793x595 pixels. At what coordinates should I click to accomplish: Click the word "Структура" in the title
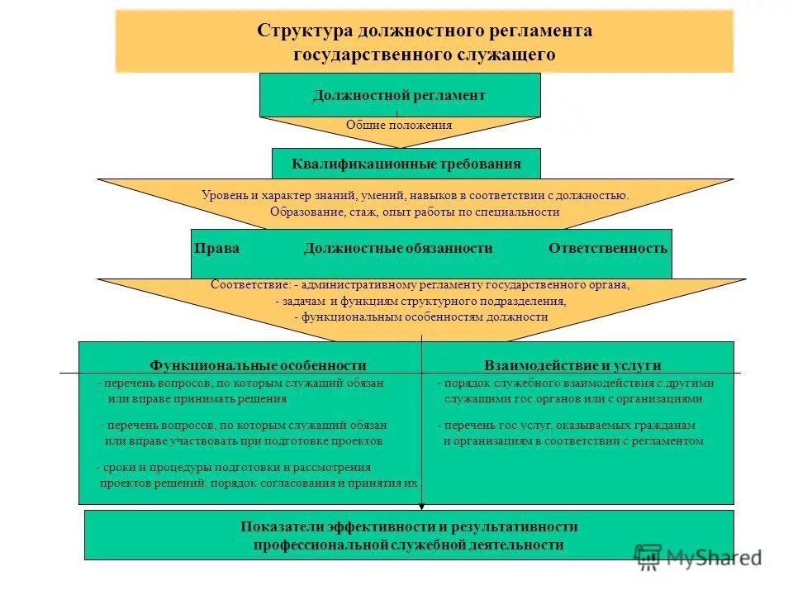(x=305, y=31)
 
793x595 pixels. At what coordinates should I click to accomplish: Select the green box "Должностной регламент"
(x=400, y=95)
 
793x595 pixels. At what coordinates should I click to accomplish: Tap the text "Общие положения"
(x=399, y=125)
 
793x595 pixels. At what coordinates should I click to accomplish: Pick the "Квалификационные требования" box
(x=406, y=164)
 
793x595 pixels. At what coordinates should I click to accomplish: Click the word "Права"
(x=217, y=248)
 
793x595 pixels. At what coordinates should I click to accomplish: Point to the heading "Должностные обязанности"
(x=398, y=248)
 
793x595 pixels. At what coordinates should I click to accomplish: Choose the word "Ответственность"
(x=608, y=248)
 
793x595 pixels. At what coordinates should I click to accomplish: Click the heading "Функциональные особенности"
(x=258, y=365)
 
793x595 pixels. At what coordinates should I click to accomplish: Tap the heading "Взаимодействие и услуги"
(x=572, y=365)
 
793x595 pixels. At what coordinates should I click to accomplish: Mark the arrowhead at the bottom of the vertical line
(x=422, y=506)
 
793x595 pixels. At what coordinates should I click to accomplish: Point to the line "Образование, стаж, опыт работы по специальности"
(x=415, y=212)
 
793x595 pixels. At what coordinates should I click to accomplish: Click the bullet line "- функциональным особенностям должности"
(x=420, y=317)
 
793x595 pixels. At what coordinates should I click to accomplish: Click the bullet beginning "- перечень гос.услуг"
(x=567, y=425)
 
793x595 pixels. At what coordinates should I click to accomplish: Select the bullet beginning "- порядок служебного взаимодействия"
(x=576, y=383)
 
